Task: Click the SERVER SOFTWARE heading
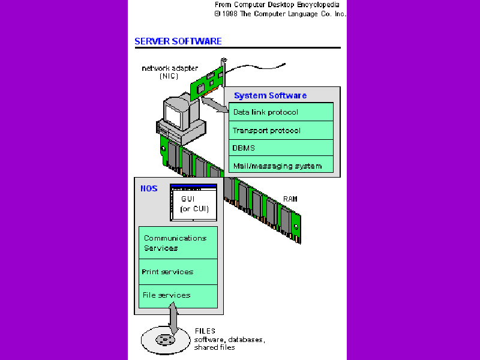point(178,41)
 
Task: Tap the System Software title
point(270,95)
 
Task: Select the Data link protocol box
point(281,112)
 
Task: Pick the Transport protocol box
point(281,130)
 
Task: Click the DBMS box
point(281,148)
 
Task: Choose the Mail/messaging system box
point(281,166)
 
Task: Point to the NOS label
point(149,188)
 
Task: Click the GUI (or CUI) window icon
point(193,202)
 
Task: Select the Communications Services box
point(178,243)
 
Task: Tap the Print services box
point(178,272)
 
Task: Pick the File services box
point(178,295)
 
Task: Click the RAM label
point(290,199)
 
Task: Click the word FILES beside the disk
point(205,331)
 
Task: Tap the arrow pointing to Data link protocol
point(216,106)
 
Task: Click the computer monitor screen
point(178,111)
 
